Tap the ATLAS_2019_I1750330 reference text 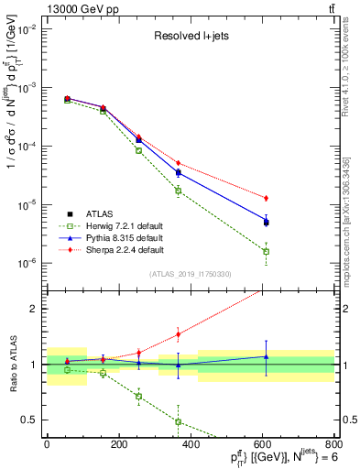click(x=190, y=274)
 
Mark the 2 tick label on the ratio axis click(x=34, y=309)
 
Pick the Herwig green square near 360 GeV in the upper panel click(x=178, y=191)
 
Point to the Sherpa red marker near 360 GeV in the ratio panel click(x=178, y=334)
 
